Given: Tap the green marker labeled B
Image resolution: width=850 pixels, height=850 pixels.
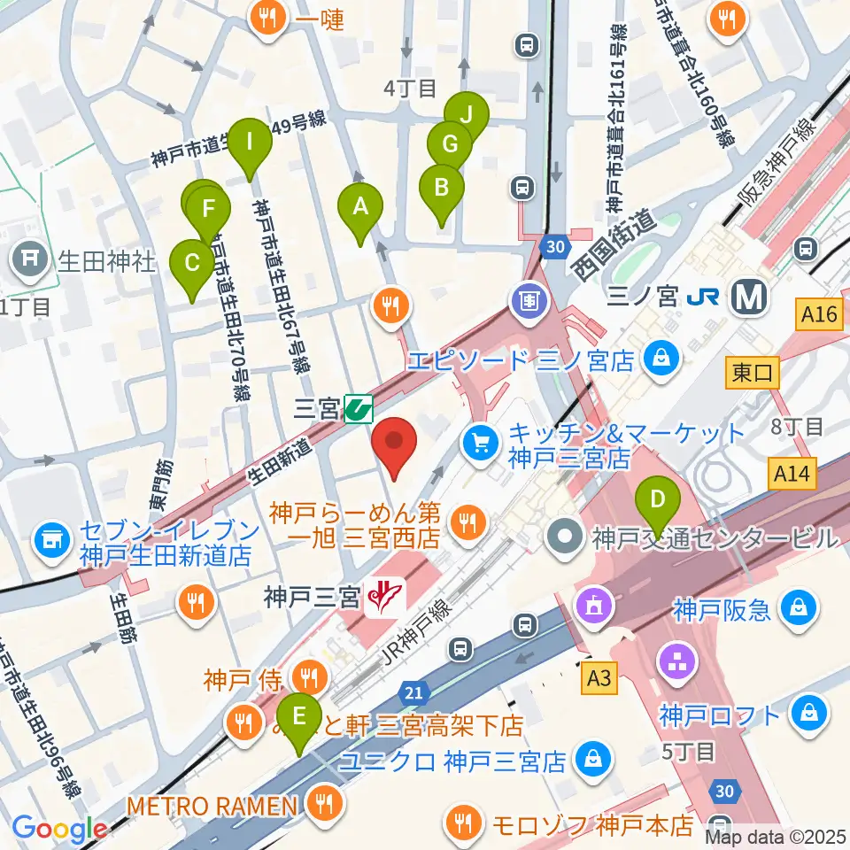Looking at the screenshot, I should (440, 187).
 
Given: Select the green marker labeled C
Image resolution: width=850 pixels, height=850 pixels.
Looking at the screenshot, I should (192, 263).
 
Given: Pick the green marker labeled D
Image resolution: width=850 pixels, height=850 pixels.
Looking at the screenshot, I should (657, 498).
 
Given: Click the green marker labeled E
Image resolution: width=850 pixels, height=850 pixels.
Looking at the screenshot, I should (299, 715).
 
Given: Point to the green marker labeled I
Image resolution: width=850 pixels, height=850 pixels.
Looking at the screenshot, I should (250, 142).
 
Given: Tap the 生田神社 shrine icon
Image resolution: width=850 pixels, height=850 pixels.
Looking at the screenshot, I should (30, 259).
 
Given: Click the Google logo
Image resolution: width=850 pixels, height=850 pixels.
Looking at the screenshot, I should (59, 829).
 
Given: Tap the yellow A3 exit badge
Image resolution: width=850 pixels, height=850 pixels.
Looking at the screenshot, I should (599, 679).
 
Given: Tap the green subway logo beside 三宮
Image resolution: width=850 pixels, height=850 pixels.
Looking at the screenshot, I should (359, 409).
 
